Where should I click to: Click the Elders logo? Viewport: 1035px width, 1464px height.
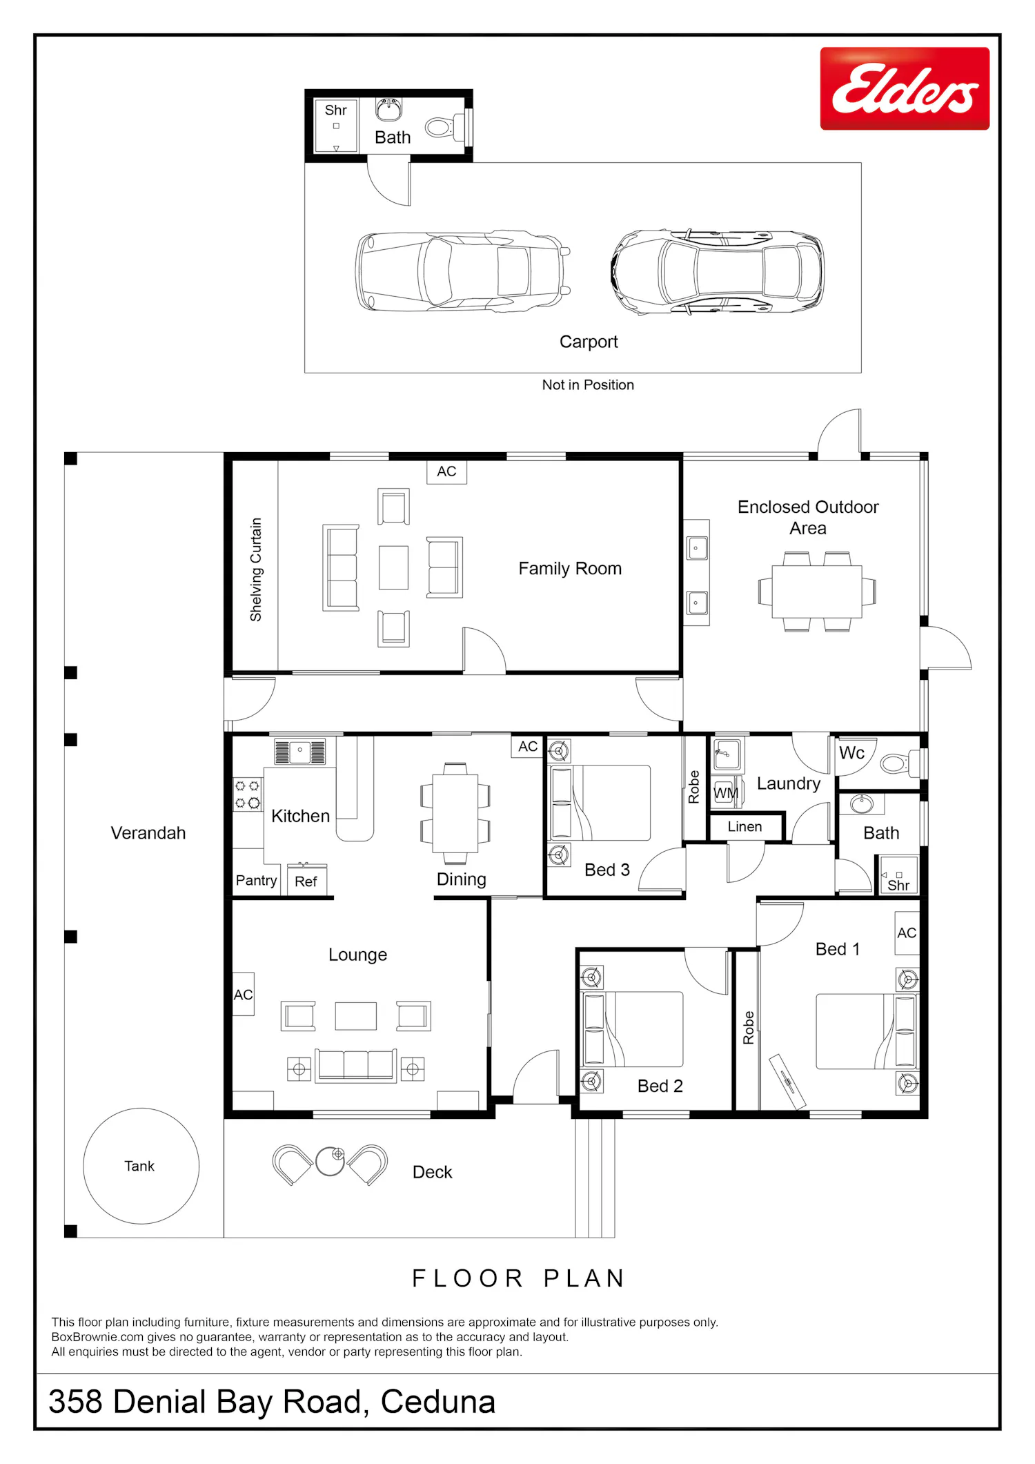[x=905, y=88]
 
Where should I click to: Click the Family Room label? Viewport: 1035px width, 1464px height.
[x=570, y=569]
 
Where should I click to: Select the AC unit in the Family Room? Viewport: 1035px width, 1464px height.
[x=446, y=471]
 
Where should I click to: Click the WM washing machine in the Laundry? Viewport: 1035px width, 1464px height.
[x=725, y=793]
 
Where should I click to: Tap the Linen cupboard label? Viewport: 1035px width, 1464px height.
[x=745, y=827]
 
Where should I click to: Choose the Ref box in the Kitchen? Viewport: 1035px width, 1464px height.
[x=306, y=881]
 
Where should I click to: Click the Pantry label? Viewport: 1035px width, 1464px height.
[x=256, y=880]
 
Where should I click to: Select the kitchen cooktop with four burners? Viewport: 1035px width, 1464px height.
[x=247, y=794]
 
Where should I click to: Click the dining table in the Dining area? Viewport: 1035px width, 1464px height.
[x=455, y=813]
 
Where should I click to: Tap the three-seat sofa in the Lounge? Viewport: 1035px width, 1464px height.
[x=356, y=1066]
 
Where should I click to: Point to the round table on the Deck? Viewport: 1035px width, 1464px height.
[x=330, y=1161]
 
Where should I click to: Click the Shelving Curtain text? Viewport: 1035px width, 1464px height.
[x=256, y=569]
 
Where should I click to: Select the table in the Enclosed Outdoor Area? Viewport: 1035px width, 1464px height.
[x=817, y=592]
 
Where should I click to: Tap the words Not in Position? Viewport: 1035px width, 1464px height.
[x=588, y=385]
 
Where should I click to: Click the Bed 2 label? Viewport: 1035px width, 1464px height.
[x=660, y=1086]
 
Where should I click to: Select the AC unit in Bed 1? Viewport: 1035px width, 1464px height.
[x=907, y=933]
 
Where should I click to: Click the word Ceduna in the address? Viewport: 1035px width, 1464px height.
[x=438, y=1402]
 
